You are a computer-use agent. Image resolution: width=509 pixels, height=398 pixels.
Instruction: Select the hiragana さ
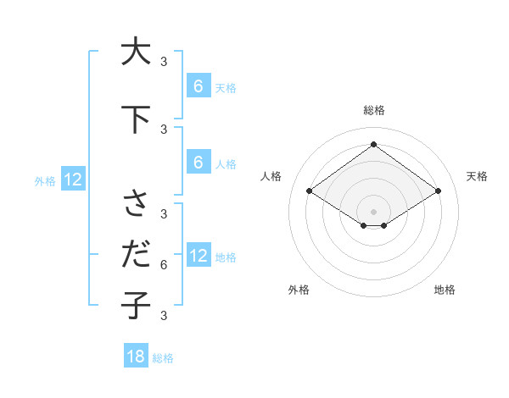pyautogui.click(x=136, y=204)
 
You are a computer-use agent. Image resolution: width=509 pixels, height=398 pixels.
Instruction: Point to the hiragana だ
pyautogui.click(x=136, y=254)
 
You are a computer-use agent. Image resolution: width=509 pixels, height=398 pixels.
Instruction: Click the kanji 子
pyautogui.click(x=136, y=304)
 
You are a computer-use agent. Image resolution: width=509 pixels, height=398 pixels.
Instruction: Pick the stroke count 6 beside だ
pyautogui.click(x=163, y=265)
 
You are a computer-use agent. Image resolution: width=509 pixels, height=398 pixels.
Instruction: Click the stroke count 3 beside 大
pyautogui.click(x=163, y=61)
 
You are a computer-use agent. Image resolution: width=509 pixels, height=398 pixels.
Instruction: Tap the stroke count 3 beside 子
pyautogui.click(x=163, y=315)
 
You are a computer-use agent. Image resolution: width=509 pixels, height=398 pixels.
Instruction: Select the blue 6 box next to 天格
pyautogui.click(x=198, y=86)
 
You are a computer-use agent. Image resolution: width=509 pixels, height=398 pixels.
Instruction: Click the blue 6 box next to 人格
pyautogui.click(x=198, y=163)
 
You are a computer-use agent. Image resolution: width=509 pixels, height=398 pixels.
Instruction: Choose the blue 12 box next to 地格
pyautogui.click(x=198, y=256)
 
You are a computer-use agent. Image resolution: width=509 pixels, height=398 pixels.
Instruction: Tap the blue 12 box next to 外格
pyautogui.click(x=72, y=179)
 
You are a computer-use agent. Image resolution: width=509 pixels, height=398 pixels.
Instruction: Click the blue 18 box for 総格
pyautogui.click(x=136, y=357)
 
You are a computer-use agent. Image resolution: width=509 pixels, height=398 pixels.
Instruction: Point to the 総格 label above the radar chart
pyautogui.click(x=373, y=110)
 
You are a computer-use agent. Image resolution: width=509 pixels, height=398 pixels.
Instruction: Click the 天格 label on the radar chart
pyautogui.click(x=477, y=176)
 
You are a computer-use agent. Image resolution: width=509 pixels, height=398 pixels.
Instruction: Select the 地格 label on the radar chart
pyautogui.click(x=445, y=290)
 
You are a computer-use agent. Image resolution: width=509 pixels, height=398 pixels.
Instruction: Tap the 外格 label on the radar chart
pyautogui.click(x=299, y=290)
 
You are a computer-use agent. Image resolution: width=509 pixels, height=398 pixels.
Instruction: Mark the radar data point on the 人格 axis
pyautogui.click(x=309, y=191)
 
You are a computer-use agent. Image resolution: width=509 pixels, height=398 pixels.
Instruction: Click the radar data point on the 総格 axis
pyautogui.click(x=373, y=144)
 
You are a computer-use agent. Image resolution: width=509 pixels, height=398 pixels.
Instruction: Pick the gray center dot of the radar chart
pyautogui.click(x=373, y=211)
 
